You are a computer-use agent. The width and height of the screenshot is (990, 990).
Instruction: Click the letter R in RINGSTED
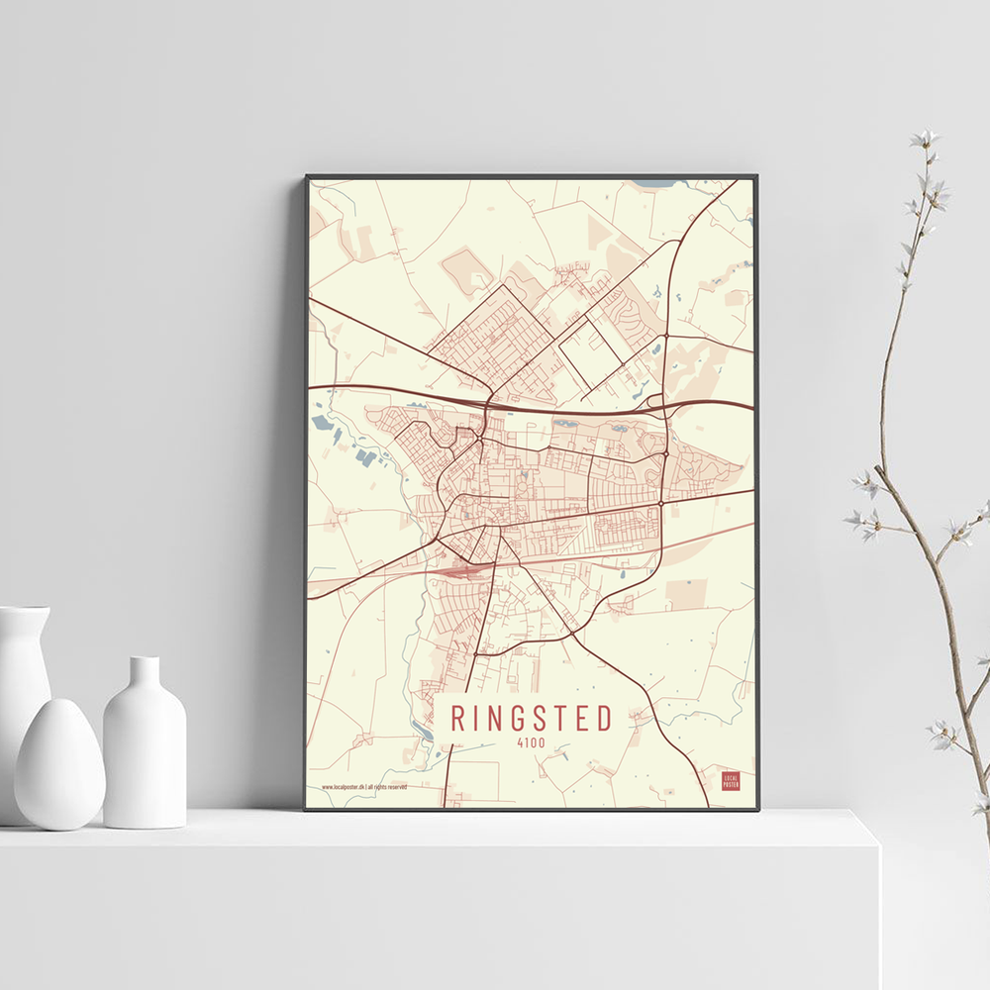[x=458, y=719]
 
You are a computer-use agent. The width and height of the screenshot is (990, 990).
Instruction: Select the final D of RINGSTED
[x=604, y=719]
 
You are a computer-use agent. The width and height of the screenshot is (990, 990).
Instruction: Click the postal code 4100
[x=531, y=743]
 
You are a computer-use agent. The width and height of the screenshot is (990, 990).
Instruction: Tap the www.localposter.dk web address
[x=343, y=787]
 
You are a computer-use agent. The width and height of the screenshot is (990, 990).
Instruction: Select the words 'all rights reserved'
[x=388, y=787]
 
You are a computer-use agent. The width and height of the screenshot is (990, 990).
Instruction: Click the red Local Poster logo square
[x=731, y=781]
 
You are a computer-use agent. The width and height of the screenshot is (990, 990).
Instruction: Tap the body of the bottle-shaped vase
[x=145, y=762]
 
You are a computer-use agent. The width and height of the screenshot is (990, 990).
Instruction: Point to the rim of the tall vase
[x=24, y=611]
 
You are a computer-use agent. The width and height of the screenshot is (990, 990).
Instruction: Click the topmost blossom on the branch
[x=926, y=139]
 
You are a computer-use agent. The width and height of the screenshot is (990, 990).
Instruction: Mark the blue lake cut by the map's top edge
[x=654, y=183]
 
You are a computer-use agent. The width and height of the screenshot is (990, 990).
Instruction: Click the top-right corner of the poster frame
[x=757, y=176]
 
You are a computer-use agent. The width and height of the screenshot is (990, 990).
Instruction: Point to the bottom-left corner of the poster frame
[x=306, y=809]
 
